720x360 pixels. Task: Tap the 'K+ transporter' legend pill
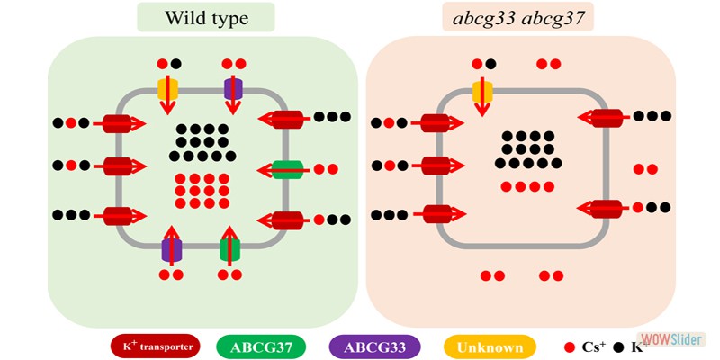[x=156, y=346]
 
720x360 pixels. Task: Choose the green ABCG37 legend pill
[x=262, y=346]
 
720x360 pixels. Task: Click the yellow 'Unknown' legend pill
[x=490, y=346]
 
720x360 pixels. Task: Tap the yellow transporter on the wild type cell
[x=167, y=89]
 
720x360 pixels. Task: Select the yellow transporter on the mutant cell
[x=482, y=89]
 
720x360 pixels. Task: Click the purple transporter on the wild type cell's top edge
[x=233, y=89]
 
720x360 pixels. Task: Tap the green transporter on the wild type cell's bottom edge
[x=230, y=247]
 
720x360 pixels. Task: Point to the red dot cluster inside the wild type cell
[x=202, y=190]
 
